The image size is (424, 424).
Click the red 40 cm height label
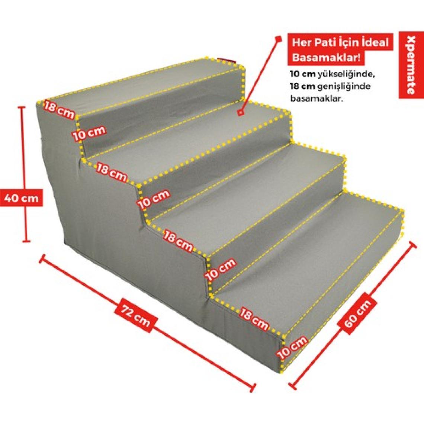pyautogui.click(x=21, y=199)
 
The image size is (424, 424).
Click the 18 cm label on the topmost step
pyautogui.click(x=59, y=109)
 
